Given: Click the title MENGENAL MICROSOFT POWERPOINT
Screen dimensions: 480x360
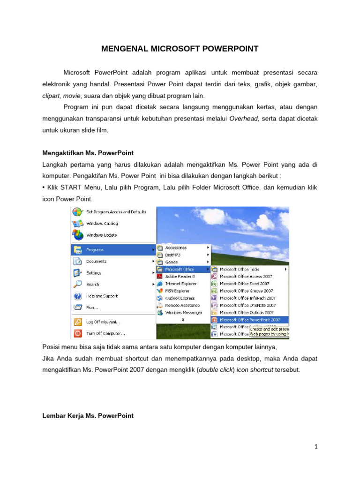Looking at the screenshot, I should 180,49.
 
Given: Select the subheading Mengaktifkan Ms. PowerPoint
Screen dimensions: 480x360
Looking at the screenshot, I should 88,153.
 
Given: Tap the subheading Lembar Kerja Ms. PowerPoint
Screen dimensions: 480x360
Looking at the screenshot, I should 88,416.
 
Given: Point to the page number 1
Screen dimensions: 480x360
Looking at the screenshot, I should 316,447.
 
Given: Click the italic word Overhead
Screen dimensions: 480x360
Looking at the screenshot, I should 244,119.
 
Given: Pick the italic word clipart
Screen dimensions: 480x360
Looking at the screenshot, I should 51,96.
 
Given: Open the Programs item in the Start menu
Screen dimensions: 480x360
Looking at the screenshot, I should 95,250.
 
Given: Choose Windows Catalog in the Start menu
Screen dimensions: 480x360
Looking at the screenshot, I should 102,224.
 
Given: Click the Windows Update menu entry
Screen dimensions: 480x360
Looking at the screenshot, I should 101,235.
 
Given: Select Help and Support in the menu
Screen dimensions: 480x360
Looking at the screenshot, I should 102,296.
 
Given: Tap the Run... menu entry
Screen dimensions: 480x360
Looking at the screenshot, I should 92,307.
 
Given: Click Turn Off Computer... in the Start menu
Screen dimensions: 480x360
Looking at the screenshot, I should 105,334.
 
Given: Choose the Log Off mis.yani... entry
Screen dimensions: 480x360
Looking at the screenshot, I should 103,322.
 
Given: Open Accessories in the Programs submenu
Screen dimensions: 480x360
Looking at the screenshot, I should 176,247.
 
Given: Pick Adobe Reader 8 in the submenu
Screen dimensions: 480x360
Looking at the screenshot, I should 180,277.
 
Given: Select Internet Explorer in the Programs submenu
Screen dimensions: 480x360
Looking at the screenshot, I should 181,284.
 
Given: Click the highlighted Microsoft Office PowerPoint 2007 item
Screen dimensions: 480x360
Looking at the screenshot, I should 250,320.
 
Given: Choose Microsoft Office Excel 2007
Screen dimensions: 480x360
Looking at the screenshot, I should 246,284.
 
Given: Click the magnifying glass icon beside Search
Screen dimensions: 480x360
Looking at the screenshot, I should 77,284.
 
